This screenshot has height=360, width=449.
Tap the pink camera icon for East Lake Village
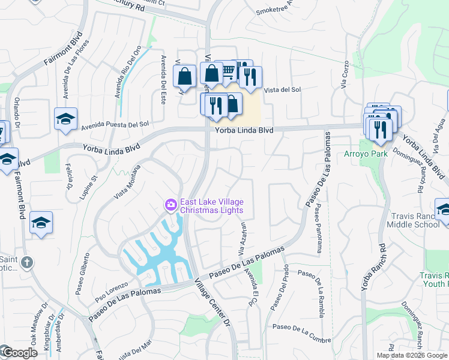click(171, 206)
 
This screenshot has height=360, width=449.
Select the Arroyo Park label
click(366, 154)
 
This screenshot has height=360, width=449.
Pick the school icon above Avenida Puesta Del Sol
click(65, 119)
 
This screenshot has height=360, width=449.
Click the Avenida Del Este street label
click(163, 80)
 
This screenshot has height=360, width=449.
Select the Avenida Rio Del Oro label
click(128, 71)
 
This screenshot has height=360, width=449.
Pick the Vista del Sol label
click(282, 89)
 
